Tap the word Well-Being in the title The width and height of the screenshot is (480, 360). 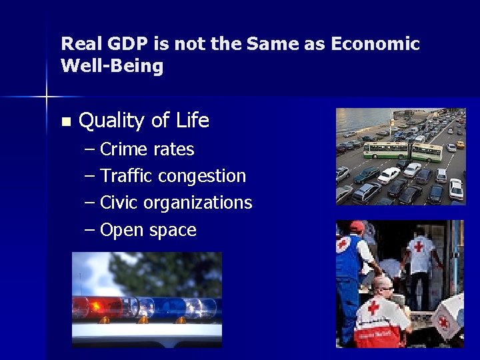coord(111,66)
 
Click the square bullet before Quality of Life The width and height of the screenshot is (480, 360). coord(65,122)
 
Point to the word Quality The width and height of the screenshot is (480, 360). coord(111,121)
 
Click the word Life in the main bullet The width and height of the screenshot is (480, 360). coord(193,121)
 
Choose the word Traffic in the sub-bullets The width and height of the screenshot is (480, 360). coord(126,176)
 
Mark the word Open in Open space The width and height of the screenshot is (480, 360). coord(122,230)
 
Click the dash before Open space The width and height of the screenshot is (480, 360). coord(90,230)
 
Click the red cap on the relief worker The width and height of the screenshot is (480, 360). coord(357,227)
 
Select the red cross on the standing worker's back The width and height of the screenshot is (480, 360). coord(419,247)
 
